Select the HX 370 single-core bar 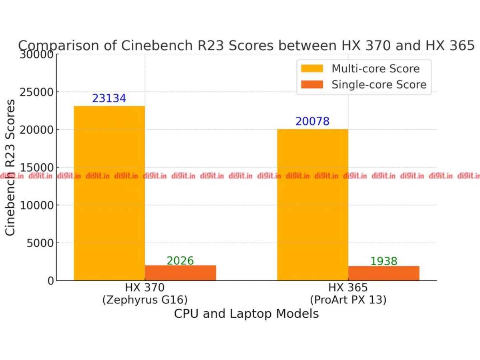180,273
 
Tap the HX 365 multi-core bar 313,204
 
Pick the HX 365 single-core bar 384,273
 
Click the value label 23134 109,98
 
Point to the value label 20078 312,121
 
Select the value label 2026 180,261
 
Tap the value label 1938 384,262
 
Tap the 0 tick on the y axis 50,281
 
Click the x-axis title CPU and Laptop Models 246,314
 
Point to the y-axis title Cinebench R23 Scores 11,167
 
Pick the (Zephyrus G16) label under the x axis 145,300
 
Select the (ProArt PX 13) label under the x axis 348,300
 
